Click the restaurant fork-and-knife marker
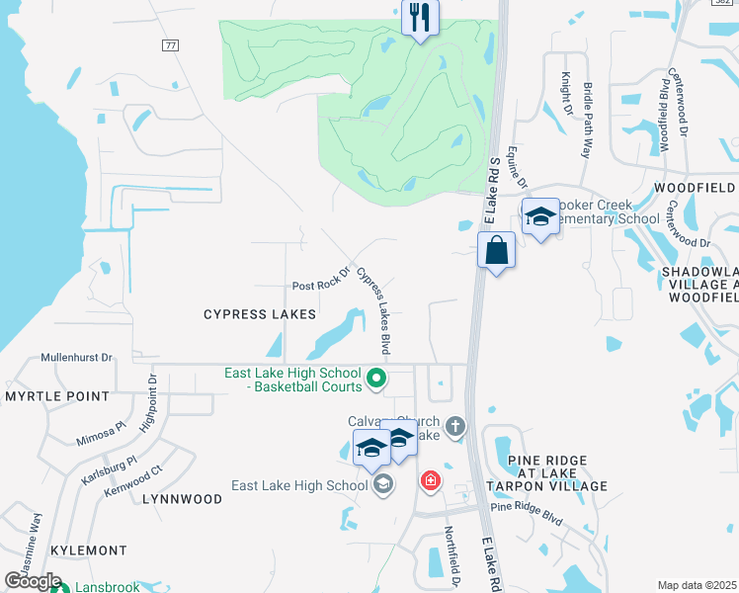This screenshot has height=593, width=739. coord(420,18)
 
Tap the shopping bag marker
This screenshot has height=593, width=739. coord(496,251)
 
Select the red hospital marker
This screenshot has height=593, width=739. coord(430,481)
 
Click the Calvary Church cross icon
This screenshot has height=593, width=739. coord(454,427)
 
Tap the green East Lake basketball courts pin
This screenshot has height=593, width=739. coord(375,378)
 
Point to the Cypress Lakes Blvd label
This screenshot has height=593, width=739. coord(373,311)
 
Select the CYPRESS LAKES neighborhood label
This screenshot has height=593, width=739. coord(260,314)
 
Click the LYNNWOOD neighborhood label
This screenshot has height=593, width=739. coord(182,499)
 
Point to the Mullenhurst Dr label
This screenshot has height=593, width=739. coord(77,357)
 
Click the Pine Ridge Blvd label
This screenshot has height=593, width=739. coord(526,513)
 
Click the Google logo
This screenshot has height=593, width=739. coord(32,581)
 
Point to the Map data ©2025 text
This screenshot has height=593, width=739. coord(697,585)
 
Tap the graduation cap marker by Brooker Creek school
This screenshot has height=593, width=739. coord(540,217)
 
